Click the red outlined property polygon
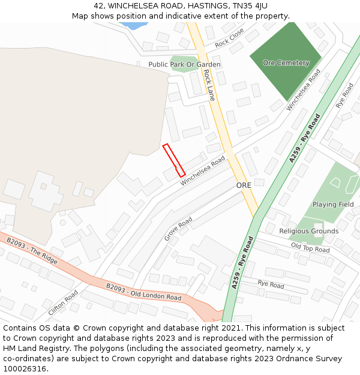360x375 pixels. [174, 160]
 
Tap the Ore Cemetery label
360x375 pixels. [286, 63]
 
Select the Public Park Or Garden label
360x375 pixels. [184, 65]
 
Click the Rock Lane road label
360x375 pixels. [209, 85]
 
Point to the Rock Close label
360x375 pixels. [230, 37]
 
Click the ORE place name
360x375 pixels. [244, 185]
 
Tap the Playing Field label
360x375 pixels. [333, 205]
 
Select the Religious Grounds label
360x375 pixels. [309, 231]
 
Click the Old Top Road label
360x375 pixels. [310, 248]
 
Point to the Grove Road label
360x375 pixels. [178, 229]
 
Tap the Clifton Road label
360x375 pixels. [64, 303]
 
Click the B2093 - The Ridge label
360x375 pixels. [32, 251]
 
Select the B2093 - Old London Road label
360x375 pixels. [144, 293]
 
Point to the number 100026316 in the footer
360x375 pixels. [24, 368]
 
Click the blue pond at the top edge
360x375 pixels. [134, 26]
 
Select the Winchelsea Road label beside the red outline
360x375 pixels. [203, 170]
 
